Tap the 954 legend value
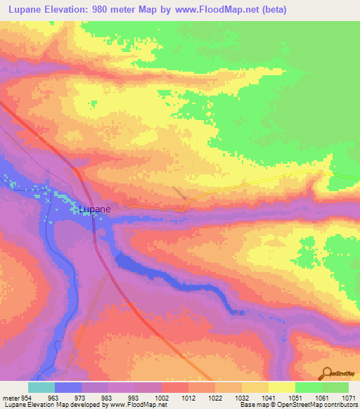pos(27,398)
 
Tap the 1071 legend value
pos(349,398)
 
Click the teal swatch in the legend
pos(41,387)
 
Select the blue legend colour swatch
pos(67,387)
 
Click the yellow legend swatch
pos(281,387)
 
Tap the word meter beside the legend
pos(11,398)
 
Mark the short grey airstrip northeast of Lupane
pos(180,193)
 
